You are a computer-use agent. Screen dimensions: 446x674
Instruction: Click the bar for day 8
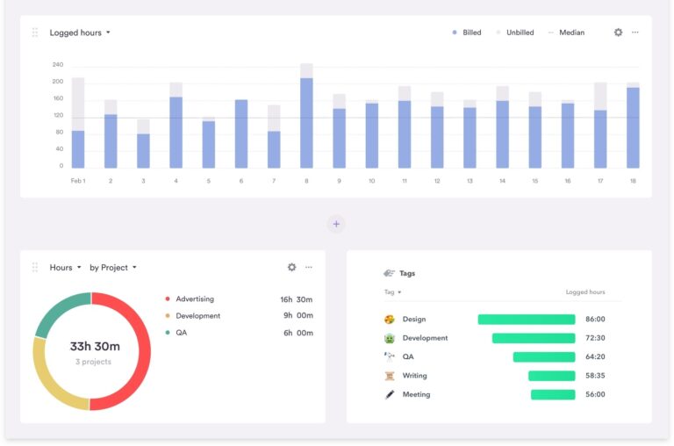tap(306, 123)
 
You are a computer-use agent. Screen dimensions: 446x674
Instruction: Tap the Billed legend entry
tap(467, 32)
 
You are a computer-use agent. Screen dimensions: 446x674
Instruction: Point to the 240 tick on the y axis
tap(58, 65)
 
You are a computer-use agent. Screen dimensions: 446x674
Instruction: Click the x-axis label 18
tap(633, 181)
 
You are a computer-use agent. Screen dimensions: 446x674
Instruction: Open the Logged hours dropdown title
tap(80, 32)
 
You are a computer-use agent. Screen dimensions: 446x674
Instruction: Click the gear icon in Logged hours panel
tap(618, 32)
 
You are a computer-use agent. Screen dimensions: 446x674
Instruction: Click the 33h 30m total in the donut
tap(95, 347)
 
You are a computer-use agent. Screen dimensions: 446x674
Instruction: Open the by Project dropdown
tap(112, 268)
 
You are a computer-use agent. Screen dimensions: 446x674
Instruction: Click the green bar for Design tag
tap(526, 320)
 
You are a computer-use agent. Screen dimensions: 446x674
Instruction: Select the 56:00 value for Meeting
tap(594, 395)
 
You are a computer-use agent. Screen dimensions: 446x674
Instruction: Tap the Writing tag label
tap(414, 376)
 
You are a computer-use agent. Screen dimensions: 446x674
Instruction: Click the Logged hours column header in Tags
tap(584, 292)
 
